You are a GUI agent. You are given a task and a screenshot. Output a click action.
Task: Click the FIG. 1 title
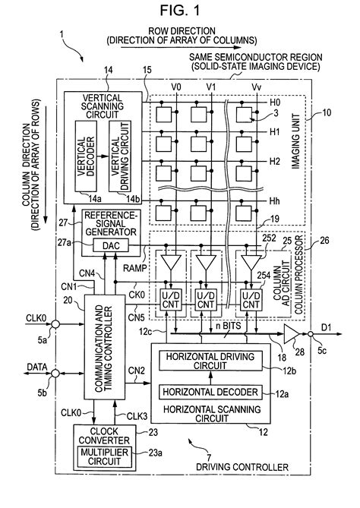pos(180,11)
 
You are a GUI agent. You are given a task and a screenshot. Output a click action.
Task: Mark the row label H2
pos(275,162)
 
